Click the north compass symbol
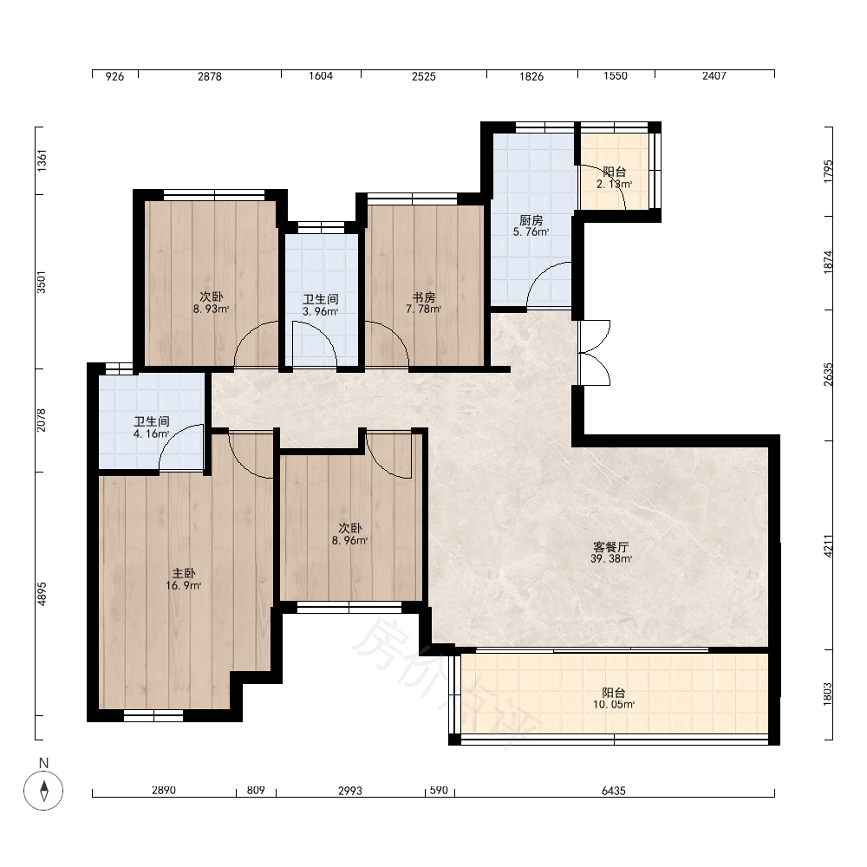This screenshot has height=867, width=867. pos(43,789)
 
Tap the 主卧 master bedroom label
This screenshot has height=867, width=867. pos(184,573)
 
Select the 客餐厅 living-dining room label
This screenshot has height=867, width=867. pos(611,547)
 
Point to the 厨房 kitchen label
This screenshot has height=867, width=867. pos(531,220)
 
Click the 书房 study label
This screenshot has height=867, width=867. pos(424,297)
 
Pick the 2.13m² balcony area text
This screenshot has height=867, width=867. pos(615,184)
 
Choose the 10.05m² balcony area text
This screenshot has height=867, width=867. pos(614,704)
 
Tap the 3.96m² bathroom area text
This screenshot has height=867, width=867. pos(320,311)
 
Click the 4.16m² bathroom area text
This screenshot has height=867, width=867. pos(152,434)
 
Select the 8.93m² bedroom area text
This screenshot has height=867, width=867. pos(211,310)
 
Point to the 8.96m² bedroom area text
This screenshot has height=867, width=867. pos(349,540)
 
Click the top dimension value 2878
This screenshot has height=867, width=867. pos(210,76)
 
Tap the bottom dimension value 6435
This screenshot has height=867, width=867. pos(614,791)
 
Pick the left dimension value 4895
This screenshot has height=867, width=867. pos(42,593)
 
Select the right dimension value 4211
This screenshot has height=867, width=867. pos(828,545)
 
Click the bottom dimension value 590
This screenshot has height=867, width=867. pos(439,790)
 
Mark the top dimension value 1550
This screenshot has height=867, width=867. pos(616,75)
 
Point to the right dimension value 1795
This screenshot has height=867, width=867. pos(828,171)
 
